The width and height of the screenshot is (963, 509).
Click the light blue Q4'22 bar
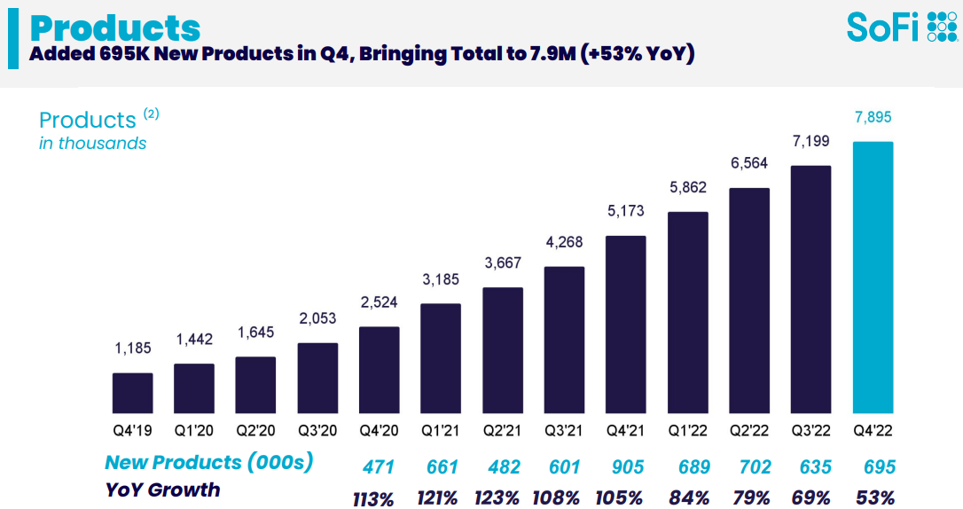click(x=873, y=278)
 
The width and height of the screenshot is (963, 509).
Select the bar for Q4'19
click(x=133, y=393)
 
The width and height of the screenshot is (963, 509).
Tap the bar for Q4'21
click(x=625, y=325)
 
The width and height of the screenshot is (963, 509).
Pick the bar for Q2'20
click(x=255, y=385)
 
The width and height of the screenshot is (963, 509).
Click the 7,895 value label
click(x=873, y=117)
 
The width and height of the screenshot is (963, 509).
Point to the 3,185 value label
click(x=441, y=279)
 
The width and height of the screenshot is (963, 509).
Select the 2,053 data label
click(x=317, y=318)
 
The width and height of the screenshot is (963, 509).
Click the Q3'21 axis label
click(x=564, y=430)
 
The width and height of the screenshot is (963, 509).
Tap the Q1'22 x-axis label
click(x=688, y=430)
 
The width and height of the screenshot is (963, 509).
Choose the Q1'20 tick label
click(x=194, y=430)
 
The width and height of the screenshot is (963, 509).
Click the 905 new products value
click(x=628, y=467)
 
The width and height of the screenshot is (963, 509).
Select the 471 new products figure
click(x=379, y=467)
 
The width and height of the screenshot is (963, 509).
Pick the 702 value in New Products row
click(x=755, y=467)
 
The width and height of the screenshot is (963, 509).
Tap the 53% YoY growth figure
click(x=874, y=497)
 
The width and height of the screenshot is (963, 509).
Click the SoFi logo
click(x=902, y=27)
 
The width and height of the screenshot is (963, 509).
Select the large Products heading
click(x=115, y=27)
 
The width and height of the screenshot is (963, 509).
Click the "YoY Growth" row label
click(x=163, y=490)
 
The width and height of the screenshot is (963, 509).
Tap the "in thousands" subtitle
click(x=93, y=143)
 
